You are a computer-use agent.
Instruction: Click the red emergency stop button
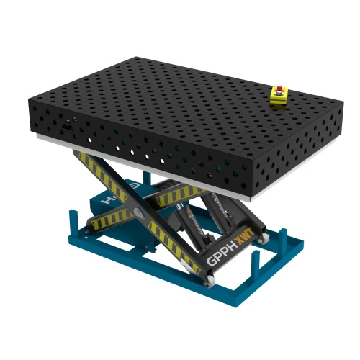click(x=279, y=87)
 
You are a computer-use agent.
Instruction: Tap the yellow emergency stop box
click(x=279, y=95)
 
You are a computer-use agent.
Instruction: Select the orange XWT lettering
click(x=245, y=235)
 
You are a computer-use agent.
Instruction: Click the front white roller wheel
click(x=210, y=280)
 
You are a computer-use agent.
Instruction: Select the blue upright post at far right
click(x=283, y=237)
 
